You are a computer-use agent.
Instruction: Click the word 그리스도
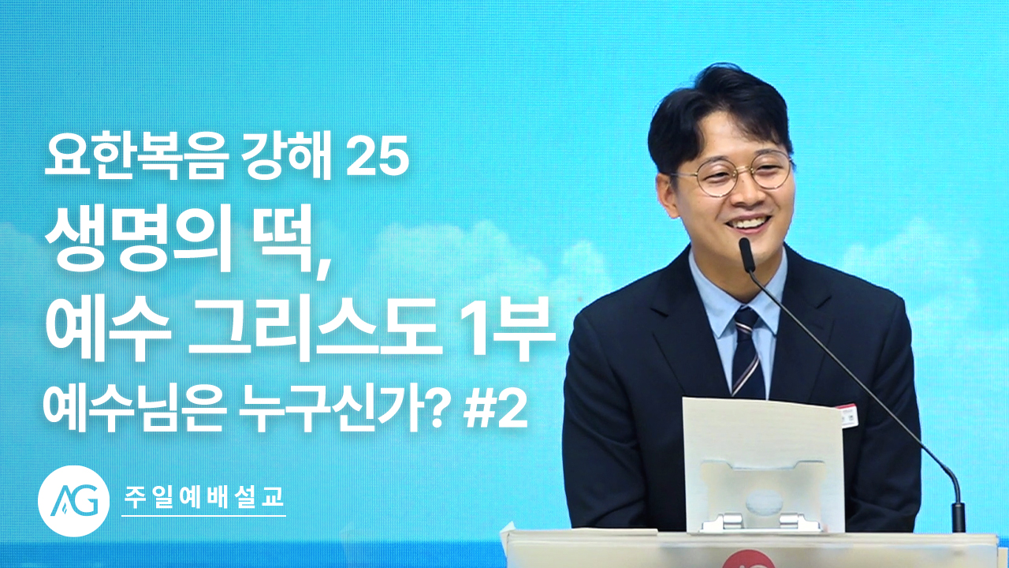tap(315, 328)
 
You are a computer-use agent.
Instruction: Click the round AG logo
tap(74, 501)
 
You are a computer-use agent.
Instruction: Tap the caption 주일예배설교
tap(203, 498)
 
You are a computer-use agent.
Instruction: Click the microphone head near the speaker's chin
tap(747, 254)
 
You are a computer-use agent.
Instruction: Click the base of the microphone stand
tap(958, 518)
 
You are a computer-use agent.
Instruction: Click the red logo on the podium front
tap(748, 559)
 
